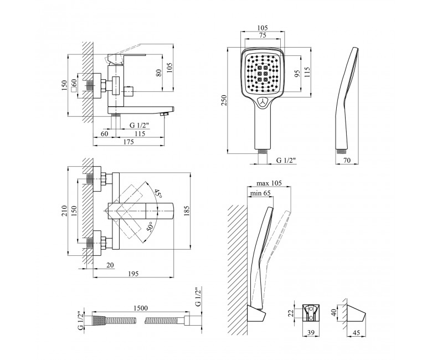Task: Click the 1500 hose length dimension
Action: (x=141, y=308)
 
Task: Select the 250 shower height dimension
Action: (x=224, y=100)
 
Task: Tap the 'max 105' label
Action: (x=269, y=183)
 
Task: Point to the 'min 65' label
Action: (x=260, y=193)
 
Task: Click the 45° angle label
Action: (x=158, y=193)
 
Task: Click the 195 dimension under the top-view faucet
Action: (x=133, y=274)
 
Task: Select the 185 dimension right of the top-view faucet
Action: (x=187, y=210)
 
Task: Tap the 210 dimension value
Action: (x=64, y=210)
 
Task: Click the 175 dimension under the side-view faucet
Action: (x=128, y=142)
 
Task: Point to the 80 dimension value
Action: (x=159, y=73)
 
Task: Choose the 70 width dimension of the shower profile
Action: (x=347, y=160)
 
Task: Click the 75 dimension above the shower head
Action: (x=263, y=35)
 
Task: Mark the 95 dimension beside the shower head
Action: (x=297, y=74)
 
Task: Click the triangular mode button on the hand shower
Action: (x=265, y=102)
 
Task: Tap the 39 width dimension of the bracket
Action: (x=311, y=333)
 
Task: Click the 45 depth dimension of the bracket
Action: (x=356, y=333)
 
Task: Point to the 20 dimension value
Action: (x=110, y=265)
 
